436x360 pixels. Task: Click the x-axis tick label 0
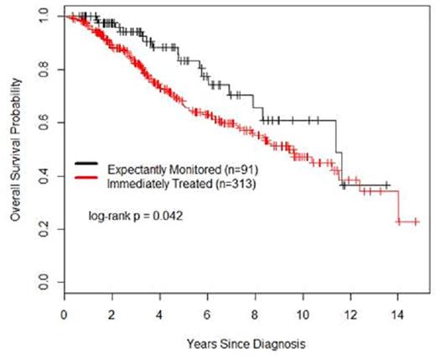(x=65, y=315)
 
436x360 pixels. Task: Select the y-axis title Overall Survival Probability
(x=14, y=151)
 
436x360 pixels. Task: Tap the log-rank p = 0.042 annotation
(x=136, y=216)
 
